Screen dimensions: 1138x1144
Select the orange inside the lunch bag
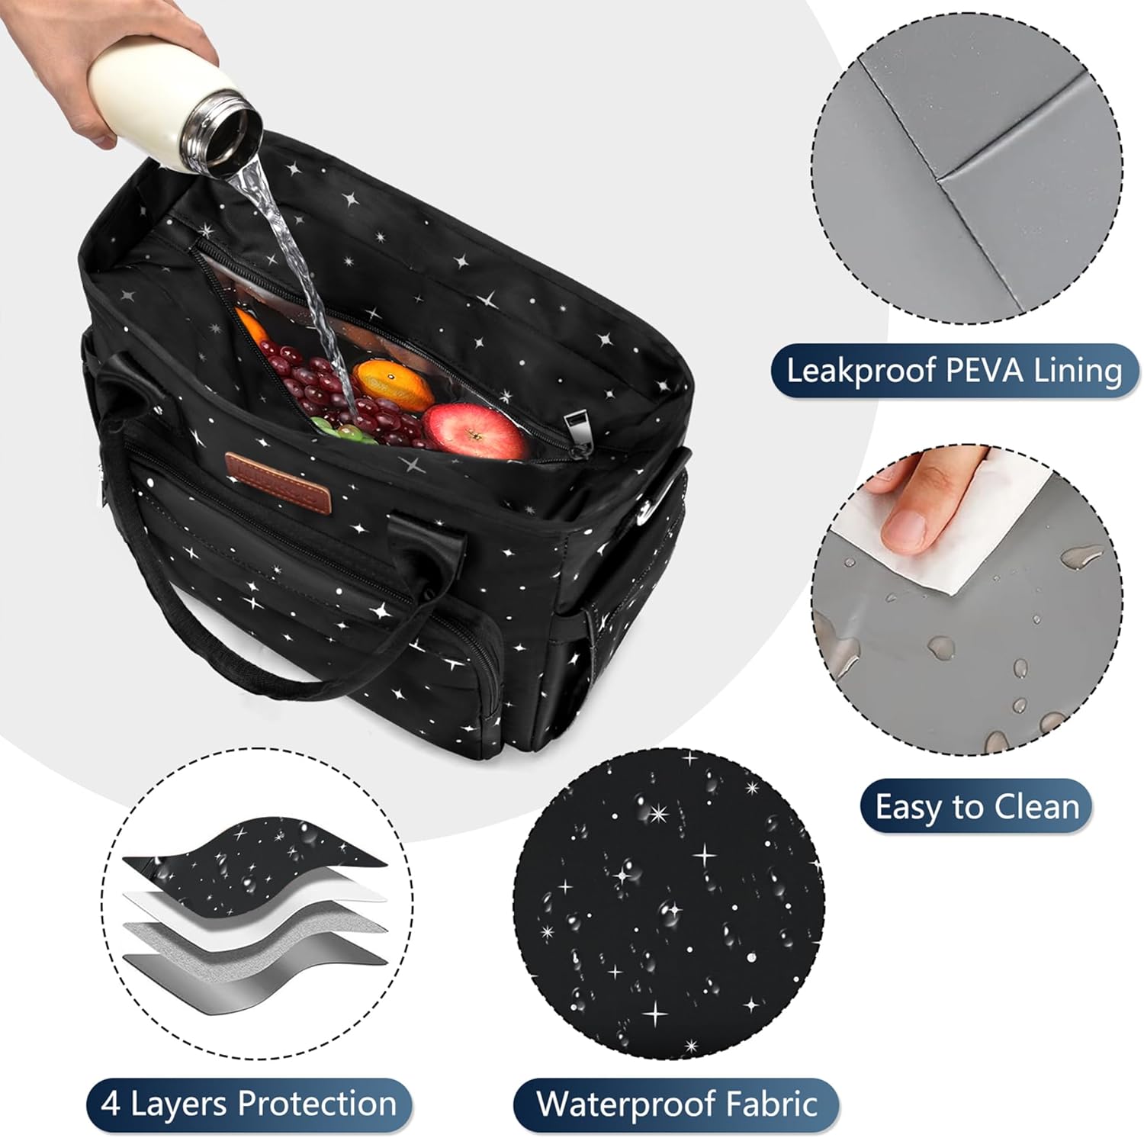tap(394, 384)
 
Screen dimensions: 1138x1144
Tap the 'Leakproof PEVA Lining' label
tap(953, 371)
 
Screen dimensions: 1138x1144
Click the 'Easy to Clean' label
tap(976, 806)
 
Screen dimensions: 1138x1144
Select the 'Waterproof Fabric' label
tap(676, 1104)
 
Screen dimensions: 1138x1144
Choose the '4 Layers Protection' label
tap(249, 1104)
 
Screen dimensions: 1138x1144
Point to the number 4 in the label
tap(111, 1104)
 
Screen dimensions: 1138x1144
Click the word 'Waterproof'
tap(624, 1104)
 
